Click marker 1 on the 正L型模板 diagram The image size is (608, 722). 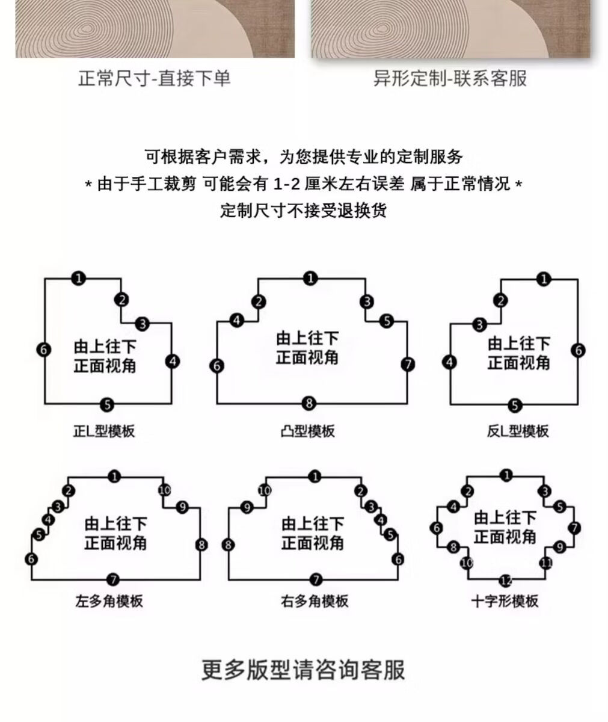pos(78,278)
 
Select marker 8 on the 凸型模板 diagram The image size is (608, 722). pos(309,403)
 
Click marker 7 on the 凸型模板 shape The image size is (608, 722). pos(408,365)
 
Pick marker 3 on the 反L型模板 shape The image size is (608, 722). pos(479,326)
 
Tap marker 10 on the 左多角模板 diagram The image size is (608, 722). pos(164,490)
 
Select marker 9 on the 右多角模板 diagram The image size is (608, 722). pos(246,508)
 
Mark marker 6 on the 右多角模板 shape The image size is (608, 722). pos(398,560)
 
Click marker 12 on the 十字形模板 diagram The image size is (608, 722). pos(506,581)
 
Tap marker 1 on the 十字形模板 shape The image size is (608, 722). pos(506,476)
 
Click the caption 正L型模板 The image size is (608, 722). pos(104,431)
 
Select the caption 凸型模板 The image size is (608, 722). pos(308,431)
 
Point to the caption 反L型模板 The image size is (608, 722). pos(518,431)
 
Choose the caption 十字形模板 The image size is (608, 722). pos(505,601)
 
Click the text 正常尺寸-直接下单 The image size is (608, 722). pos(155,78)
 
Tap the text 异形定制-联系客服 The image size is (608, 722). pos(450,78)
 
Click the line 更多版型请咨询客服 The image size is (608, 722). pos(303,669)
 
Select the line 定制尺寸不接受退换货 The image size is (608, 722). pos(303,211)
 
